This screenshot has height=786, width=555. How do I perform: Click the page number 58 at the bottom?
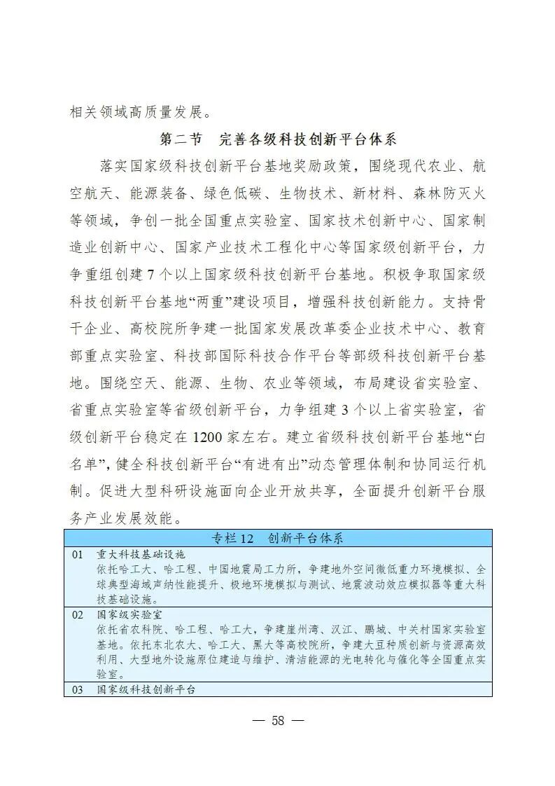click(278, 722)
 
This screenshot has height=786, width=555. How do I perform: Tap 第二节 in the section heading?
click(181, 139)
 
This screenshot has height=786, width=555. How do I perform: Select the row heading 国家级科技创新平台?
click(146, 689)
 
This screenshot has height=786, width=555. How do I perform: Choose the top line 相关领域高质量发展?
click(139, 111)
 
